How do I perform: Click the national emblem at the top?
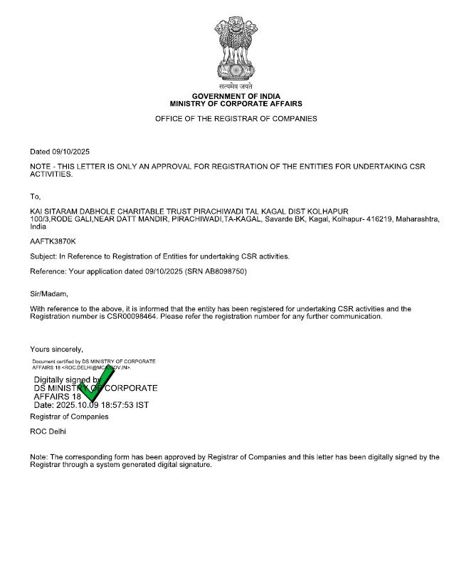click(x=236, y=52)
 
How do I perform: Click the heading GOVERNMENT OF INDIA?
click(x=236, y=96)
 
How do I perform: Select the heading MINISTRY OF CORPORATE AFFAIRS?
click(x=236, y=103)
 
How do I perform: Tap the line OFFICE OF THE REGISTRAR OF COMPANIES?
click(x=236, y=119)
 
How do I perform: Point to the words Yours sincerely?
click(x=56, y=349)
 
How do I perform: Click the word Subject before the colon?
click(x=43, y=256)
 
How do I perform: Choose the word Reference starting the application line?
click(x=48, y=272)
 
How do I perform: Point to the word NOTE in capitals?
click(x=41, y=166)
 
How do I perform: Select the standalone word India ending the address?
click(x=38, y=226)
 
